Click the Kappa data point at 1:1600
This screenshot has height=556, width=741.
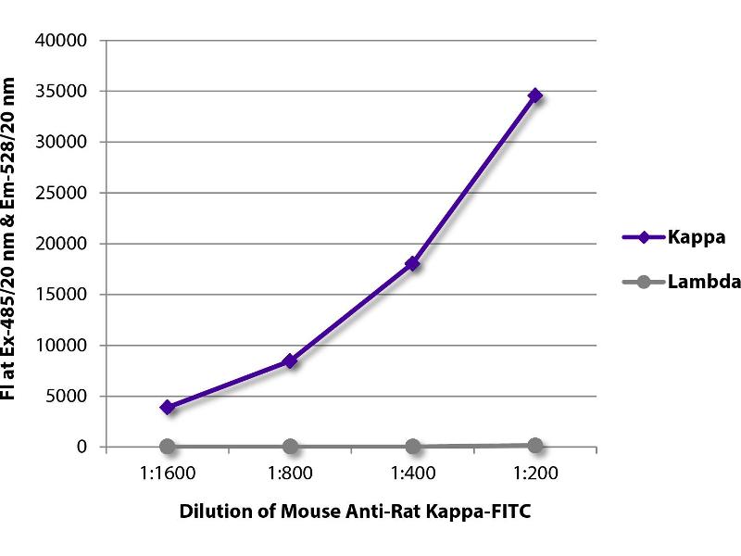tap(168, 407)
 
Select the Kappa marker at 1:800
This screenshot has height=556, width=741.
tap(290, 360)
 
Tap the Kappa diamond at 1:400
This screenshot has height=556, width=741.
tap(412, 263)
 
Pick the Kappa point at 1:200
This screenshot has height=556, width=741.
tap(534, 95)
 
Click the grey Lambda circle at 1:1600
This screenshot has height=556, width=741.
tap(168, 447)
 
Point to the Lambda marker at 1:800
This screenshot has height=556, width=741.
tap(290, 447)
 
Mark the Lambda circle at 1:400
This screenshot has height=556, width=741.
tap(412, 447)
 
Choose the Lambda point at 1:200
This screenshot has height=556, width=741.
tap(534, 445)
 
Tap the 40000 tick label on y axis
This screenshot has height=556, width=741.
tap(61, 41)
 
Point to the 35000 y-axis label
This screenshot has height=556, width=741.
tap(61, 92)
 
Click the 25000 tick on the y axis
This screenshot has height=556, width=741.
tap(61, 193)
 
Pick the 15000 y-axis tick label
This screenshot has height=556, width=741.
tap(61, 295)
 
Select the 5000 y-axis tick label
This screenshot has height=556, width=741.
tap(66, 397)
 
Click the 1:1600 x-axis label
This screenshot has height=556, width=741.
tap(168, 472)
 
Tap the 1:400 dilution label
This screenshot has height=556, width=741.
tap(412, 472)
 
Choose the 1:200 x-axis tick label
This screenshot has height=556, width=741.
tap(534, 472)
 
